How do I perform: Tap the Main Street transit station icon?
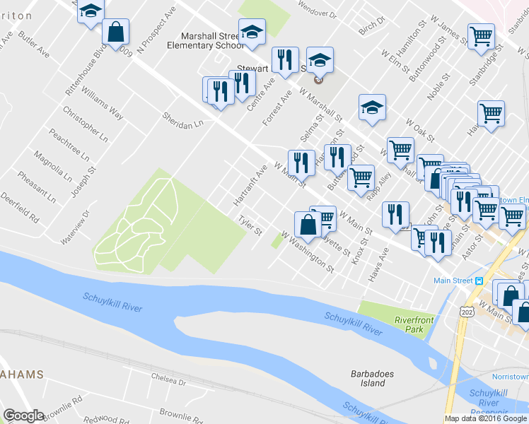point(479,281)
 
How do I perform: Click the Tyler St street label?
point(250,227)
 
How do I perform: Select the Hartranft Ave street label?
point(250,186)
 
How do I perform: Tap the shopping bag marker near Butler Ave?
point(115,31)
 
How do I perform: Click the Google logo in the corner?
point(23,415)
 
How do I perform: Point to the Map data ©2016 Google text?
point(485,418)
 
